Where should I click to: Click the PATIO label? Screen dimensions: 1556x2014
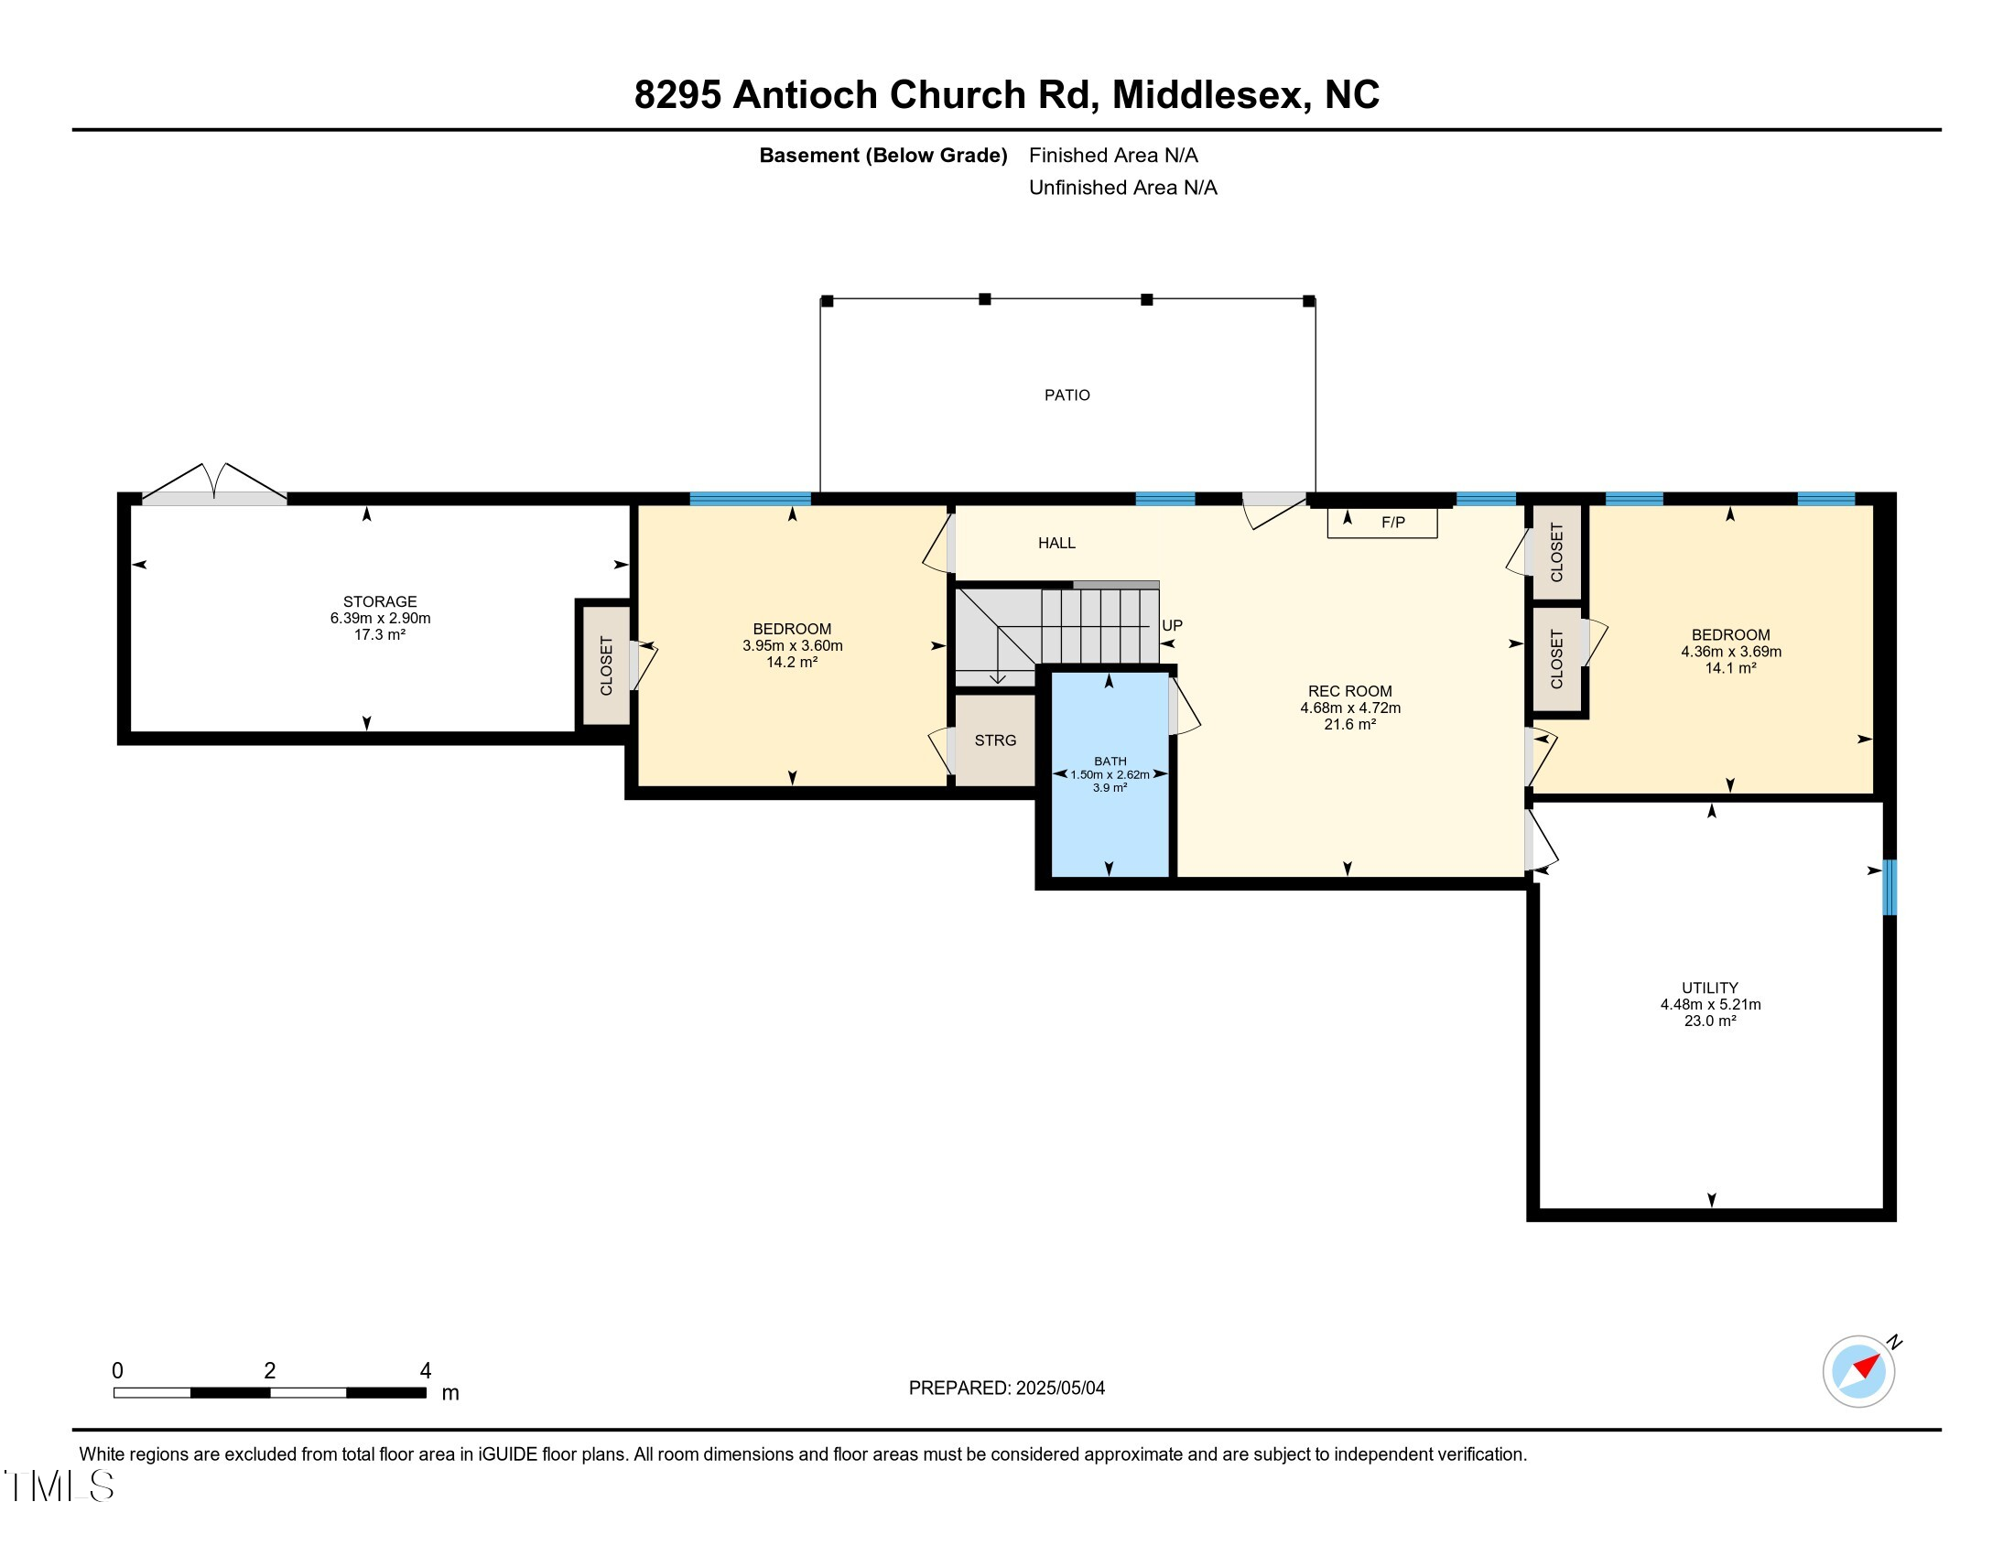(x=1067, y=395)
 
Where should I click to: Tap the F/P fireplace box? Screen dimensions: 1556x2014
(x=1382, y=523)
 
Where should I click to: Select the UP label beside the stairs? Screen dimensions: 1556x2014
(x=1171, y=625)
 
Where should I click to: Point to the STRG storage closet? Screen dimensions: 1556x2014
(x=995, y=740)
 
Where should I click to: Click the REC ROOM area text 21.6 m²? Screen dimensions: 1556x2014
(x=1350, y=725)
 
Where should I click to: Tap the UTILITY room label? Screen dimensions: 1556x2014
(x=1710, y=988)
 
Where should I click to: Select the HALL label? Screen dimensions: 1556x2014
(x=1056, y=543)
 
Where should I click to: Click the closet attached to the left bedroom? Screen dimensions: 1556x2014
(x=606, y=665)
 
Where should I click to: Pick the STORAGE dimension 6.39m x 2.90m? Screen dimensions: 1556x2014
(x=380, y=619)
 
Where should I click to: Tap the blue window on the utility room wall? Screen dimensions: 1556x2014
(x=1889, y=887)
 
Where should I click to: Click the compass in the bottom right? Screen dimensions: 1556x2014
(x=1858, y=1371)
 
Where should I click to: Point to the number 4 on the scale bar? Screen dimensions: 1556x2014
(x=425, y=1371)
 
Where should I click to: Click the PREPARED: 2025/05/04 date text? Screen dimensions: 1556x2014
(x=1006, y=1389)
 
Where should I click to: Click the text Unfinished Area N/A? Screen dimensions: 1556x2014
(x=1122, y=188)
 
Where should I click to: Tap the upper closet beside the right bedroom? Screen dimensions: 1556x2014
(x=1556, y=552)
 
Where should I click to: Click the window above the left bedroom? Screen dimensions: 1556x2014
(x=750, y=499)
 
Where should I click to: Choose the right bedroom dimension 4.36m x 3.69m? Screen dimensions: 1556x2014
(x=1731, y=652)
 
